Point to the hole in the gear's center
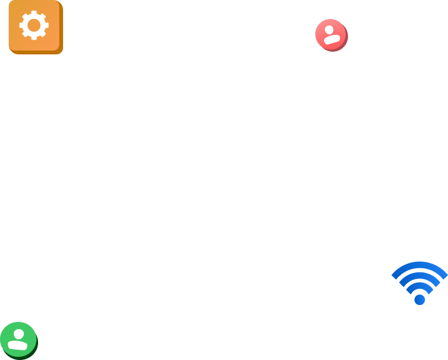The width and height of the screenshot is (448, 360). click(x=34, y=25)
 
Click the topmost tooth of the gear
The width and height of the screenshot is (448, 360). click(x=34, y=13)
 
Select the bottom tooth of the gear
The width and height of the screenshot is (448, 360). click(x=34, y=37)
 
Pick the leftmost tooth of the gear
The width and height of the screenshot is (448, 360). click(x=22, y=25)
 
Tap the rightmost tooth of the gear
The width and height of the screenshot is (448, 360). click(x=46, y=25)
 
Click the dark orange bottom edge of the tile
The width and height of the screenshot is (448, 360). click(x=35, y=52)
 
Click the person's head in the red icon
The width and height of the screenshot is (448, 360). click(x=329, y=29)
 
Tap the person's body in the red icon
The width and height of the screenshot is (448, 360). click(x=332, y=39)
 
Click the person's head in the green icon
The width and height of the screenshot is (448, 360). click(x=19, y=334)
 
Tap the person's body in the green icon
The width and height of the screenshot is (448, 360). click(x=18, y=345)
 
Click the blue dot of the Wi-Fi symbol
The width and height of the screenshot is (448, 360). click(x=420, y=300)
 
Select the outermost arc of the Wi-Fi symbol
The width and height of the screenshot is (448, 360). click(x=420, y=265)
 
